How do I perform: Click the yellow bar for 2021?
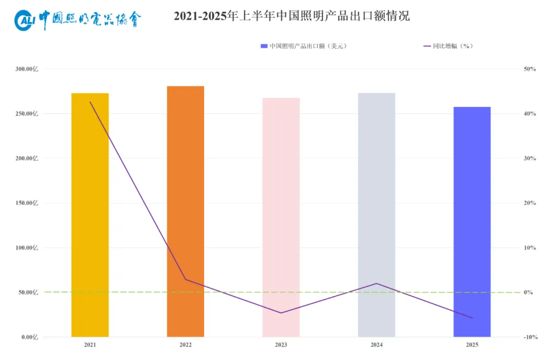(x=90, y=214)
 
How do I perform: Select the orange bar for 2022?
(x=185, y=211)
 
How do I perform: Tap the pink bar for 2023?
(x=281, y=217)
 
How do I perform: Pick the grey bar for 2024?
(x=377, y=214)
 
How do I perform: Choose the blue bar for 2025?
(x=472, y=222)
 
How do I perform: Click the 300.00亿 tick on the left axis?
(x=27, y=69)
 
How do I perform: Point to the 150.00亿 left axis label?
(x=27, y=203)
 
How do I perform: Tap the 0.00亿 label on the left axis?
(x=29, y=337)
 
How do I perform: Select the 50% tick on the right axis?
(x=529, y=69)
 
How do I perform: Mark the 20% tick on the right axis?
(x=529, y=203)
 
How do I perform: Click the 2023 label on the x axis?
(x=281, y=345)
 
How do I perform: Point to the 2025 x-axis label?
(x=472, y=345)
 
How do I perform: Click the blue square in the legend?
(x=264, y=46)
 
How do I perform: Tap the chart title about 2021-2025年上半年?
(x=291, y=16)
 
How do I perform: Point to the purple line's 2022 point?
(x=185, y=279)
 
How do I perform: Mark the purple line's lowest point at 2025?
(x=472, y=318)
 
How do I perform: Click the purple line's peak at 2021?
(x=90, y=102)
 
